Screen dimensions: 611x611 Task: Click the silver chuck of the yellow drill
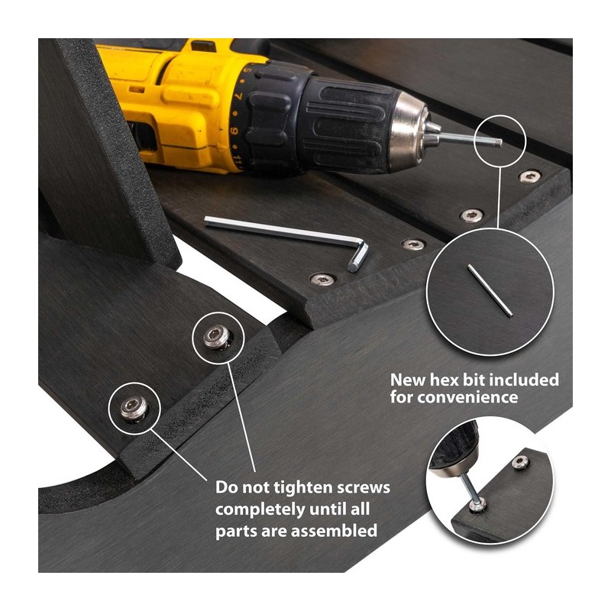(x=409, y=131)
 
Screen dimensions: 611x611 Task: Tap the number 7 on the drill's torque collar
(x=238, y=95)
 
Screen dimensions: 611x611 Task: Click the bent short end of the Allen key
(x=358, y=257)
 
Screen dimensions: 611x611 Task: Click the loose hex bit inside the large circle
(x=490, y=290)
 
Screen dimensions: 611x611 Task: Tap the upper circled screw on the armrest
(x=216, y=336)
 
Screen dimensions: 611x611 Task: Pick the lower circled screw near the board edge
(x=134, y=409)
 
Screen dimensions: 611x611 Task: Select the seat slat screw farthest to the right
(x=529, y=176)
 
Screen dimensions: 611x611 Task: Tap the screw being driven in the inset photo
(x=478, y=506)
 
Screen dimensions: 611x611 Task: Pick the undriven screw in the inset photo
(x=521, y=462)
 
